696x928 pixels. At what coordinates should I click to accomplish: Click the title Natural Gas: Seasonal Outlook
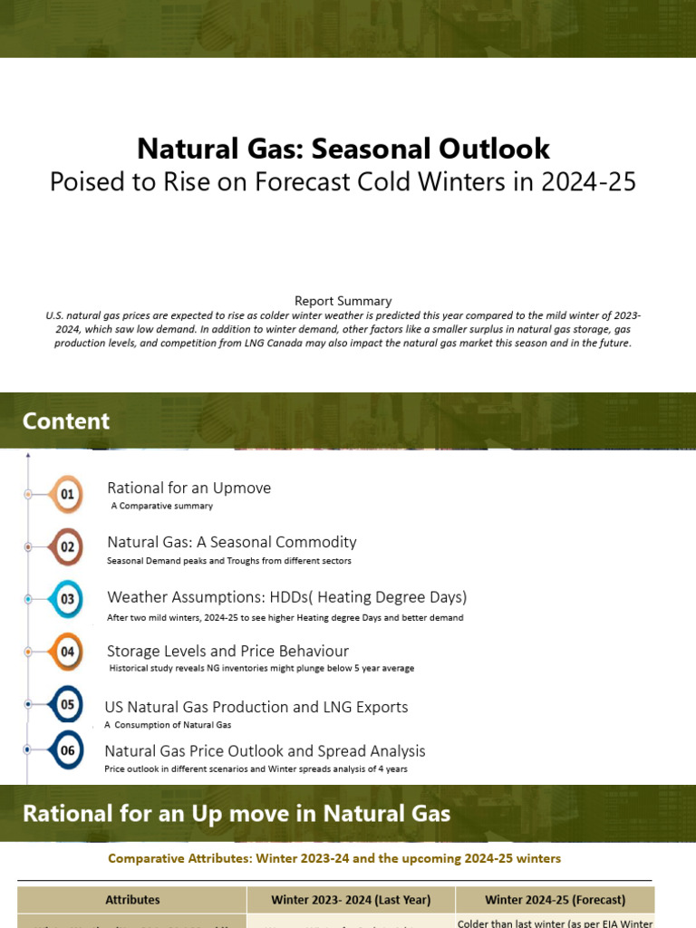(343, 149)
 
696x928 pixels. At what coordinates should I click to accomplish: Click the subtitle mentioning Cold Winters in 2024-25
(343, 182)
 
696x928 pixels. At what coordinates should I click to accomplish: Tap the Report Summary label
(343, 300)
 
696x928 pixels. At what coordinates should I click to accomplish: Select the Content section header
(66, 421)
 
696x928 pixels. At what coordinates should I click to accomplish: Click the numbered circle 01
(67, 495)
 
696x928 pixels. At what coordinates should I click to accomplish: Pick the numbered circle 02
(67, 547)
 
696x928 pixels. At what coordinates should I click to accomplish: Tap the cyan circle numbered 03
(67, 599)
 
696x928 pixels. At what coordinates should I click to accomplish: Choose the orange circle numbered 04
(67, 652)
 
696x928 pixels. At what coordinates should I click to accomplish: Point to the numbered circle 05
(67, 704)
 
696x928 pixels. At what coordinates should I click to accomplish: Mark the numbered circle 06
(67, 749)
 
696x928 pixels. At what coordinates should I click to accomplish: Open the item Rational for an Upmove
(188, 488)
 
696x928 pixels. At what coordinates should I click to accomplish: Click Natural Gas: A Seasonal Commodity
(231, 542)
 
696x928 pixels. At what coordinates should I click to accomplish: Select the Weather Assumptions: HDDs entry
(286, 597)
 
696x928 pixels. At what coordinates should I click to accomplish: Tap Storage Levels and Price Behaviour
(227, 651)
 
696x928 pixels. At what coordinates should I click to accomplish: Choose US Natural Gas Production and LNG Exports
(256, 707)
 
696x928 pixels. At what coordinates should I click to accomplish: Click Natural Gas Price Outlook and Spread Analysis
(265, 751)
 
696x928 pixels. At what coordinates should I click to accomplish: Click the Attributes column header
(132, 900)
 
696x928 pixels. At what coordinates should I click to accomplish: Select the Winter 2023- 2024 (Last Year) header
(351, 900)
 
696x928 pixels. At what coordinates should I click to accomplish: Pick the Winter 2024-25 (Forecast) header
(555, 900)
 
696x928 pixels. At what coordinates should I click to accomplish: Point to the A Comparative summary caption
(161, 506)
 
